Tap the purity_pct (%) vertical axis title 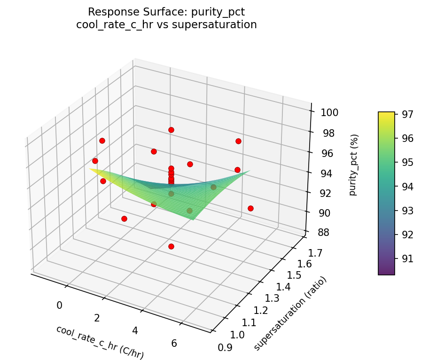(x=353, y=164)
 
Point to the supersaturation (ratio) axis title (x=290, y=313)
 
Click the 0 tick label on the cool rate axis (x=59, y=305)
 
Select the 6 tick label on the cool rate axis (x=174, y=343)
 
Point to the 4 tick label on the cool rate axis (x=135, y=330)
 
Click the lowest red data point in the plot (x=171, y=246)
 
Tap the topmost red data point (x=171, y=130)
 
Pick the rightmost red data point (x=250, y=208)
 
